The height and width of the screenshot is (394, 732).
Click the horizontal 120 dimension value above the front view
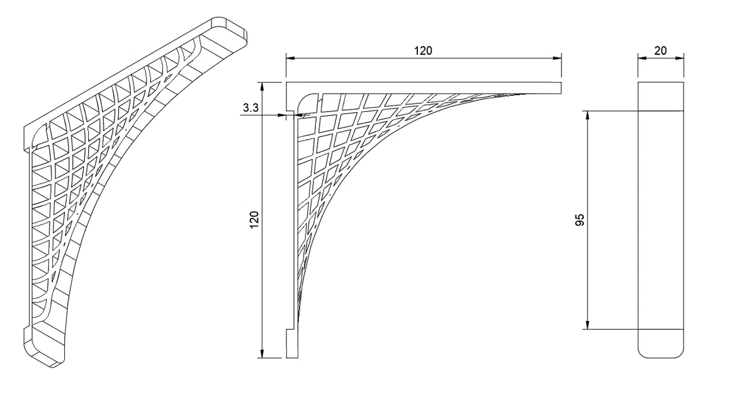pyautogui.click(x=423, y=50)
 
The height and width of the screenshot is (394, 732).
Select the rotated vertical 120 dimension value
pyautogui.click(x=254, y=219)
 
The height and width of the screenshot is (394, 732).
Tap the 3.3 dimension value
pyautogui.click(x=251, y=108)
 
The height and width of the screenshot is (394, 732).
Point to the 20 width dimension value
pyautogui.click(x=660, y=50)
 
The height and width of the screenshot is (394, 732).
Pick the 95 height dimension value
pyautogui.click(x=580, y=219)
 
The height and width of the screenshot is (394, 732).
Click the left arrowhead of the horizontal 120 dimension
pyautogui.click(x=290, y=59)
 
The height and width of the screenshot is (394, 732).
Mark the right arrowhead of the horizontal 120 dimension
pyautogui.click(x=558, y=59)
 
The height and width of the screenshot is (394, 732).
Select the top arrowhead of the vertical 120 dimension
pyautogui.click(x=262, y=86)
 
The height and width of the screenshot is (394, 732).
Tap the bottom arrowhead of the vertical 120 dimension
pyautogui.click(x=262, y=354)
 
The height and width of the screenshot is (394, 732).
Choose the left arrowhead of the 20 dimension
pyautogui.click(x=642, y=59)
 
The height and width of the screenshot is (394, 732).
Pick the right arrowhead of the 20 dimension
pyautogui.click(x=680, y=59)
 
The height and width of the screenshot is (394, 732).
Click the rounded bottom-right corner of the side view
pyautogui.click(x=680, y=355)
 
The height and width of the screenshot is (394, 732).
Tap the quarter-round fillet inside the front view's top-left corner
pyautogui.click(x=303, y=98)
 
